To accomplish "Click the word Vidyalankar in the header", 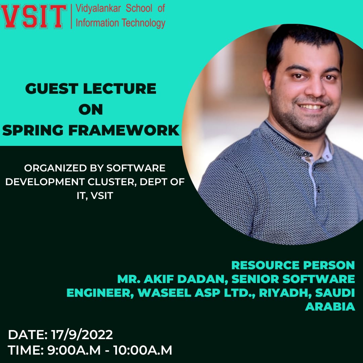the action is pyautogui.click(x=98, y=9).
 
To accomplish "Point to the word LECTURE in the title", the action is pyautogui.click(x=120, y=89).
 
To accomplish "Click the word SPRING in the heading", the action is pyautogui.click(x=33, y=130).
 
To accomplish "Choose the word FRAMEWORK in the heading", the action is pyautogui.click(x=124, y=130).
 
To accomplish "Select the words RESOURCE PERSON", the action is pyautogui.click(x=293, y=265).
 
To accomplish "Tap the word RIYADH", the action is pyautogui.click(x=285, y=293).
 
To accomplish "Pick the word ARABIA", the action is pyautogui.click(x=330, y=307).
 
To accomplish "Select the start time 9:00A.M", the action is pyautogui.click(x=74, y=350).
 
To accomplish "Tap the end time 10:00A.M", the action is pyautogui.click(x=143, y=350).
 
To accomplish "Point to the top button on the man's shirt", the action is pyautogui.click(x=307, y=154).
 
